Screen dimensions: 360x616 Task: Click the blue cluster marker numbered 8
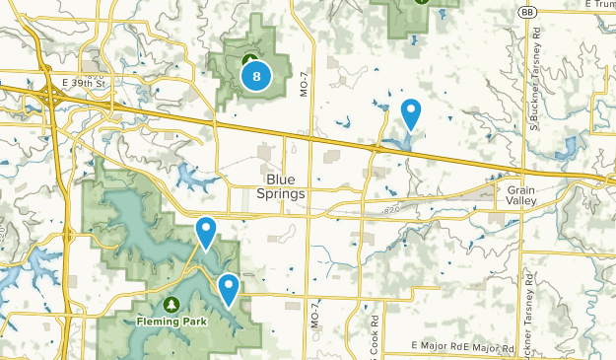[256, 75]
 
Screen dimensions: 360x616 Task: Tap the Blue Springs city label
[286, 186]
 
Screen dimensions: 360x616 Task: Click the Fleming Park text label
[171, 321]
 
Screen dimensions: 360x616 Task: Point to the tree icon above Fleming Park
[171, 304]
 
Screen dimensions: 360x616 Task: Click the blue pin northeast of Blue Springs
[411, 114]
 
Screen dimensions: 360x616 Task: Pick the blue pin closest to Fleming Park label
[229, 289]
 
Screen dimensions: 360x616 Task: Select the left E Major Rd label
[436, 348]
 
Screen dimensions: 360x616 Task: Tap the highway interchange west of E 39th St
[49, 92]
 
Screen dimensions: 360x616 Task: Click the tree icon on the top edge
[421, 2]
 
